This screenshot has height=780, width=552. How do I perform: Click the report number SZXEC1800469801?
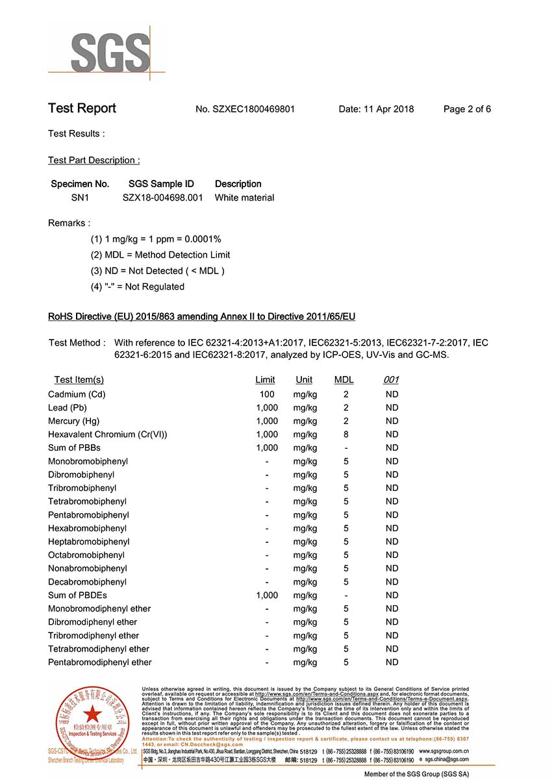[253, 109]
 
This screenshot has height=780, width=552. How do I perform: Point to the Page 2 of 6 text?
[467, 109]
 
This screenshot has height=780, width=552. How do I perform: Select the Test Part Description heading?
[94, 160]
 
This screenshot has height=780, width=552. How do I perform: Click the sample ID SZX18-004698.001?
[162, 197]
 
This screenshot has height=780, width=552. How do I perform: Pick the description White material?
[244, 197]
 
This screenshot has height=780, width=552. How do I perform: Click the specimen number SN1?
[80, 197]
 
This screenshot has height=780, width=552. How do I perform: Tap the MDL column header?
[344, 380]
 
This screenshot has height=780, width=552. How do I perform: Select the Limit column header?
[265, 380]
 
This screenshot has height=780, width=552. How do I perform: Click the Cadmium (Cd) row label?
[77, 394]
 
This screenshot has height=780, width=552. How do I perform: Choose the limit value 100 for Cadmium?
[266, 394]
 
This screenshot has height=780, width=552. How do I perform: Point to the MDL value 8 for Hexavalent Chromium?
[346, 434]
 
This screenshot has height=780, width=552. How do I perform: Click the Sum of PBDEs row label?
[77, 596]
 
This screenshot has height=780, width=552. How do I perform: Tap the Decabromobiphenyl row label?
[87, 582]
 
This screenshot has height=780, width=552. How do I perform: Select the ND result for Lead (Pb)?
[392, 408]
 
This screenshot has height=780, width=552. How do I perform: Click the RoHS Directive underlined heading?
[201, 317]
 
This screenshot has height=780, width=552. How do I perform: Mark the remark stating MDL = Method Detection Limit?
[160, 255]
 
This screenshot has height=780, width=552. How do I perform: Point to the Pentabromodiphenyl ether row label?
[99, 662]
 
